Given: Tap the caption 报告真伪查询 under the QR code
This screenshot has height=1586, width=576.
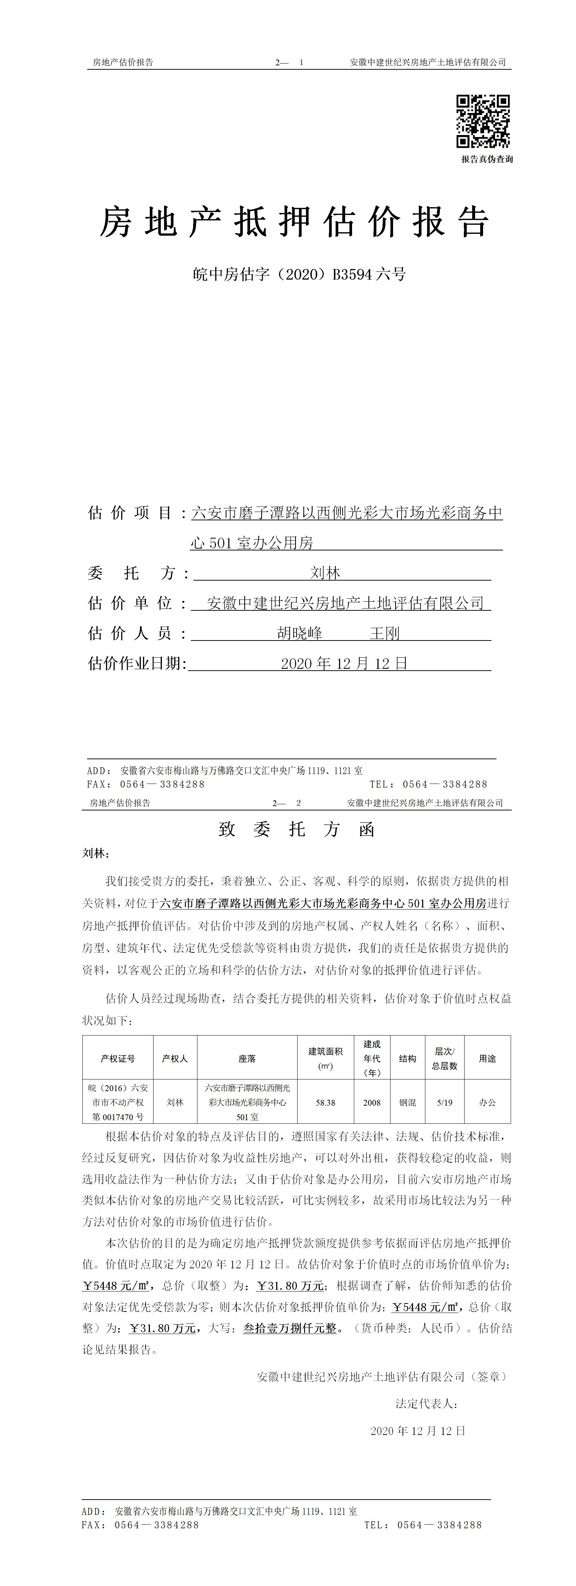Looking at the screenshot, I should pyautogui.click(x=487, y=159).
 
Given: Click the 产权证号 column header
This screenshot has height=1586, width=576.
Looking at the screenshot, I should pyautogui.click(x=118, y=1058).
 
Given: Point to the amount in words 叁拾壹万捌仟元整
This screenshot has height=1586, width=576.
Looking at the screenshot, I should pyautogui.click(x=290, y=1329).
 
